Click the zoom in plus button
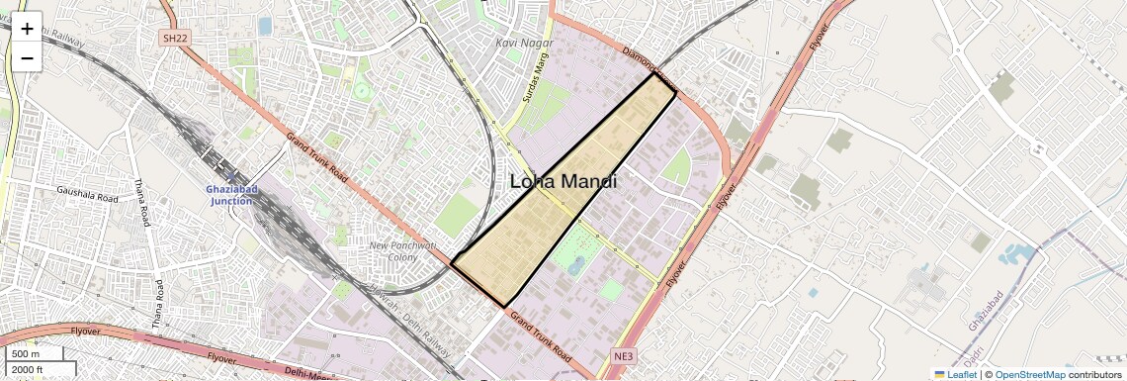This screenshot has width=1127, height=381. [27, 29]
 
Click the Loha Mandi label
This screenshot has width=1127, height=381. [563, 182]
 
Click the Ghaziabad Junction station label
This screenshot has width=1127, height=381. [231, 195]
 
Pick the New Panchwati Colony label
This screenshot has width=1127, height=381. [402, 251]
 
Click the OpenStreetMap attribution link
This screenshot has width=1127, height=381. [1029, 374]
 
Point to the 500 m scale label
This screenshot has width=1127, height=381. [27, 354]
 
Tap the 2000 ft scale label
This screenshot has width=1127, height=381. [29, 369]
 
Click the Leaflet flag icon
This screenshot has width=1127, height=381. [939, 374]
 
